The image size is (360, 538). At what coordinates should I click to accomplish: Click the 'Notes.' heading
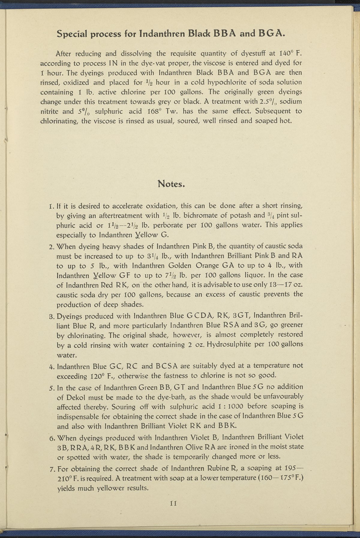coord(170,184)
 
